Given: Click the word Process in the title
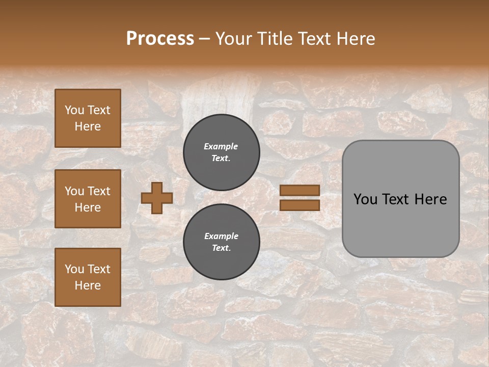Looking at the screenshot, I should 160,39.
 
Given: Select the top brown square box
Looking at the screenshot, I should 88,118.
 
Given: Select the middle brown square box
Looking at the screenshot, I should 88,199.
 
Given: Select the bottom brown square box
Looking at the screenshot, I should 88,277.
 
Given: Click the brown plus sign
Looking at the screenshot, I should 157,198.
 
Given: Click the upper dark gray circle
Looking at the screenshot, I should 222,152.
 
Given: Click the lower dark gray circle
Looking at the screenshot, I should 222,242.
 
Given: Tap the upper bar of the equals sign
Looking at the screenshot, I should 300,190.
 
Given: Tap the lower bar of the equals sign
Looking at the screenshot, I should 300,205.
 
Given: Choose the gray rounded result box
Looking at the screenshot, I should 400,199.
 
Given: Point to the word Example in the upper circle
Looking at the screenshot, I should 221,146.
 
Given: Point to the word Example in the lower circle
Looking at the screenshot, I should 221,236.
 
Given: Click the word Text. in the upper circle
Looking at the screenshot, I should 221,159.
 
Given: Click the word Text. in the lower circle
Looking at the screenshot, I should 221,248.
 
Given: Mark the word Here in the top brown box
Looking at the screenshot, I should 88,126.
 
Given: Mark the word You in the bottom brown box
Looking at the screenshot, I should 74,269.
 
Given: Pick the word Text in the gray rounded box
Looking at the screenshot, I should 393,199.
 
